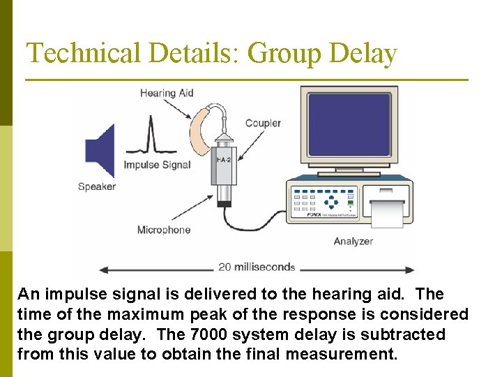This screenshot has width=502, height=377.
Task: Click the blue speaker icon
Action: [101, 150]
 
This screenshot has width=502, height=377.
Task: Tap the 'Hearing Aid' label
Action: [167, 93]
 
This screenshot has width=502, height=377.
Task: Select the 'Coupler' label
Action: [263, 123]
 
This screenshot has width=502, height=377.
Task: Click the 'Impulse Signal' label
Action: [157, 165]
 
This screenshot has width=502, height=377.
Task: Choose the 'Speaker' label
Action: [97, 186]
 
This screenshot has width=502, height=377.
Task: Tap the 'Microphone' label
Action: [164, 230]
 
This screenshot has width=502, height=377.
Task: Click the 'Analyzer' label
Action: [353, 242]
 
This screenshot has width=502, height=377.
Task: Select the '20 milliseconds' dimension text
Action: [257, 267]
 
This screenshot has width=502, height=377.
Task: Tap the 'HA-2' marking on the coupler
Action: [223, 160]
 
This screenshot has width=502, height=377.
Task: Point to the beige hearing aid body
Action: [200, 129]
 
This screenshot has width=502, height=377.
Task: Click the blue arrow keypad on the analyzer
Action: [332, 202]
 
